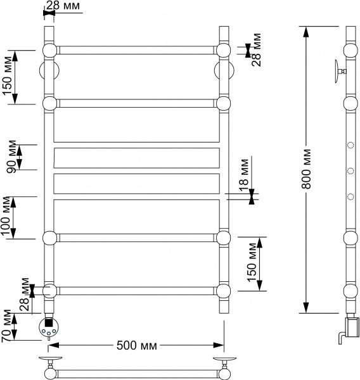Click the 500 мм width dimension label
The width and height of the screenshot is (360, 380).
136,346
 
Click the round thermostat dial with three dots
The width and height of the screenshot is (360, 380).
49,327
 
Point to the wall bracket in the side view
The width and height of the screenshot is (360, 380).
338,69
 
